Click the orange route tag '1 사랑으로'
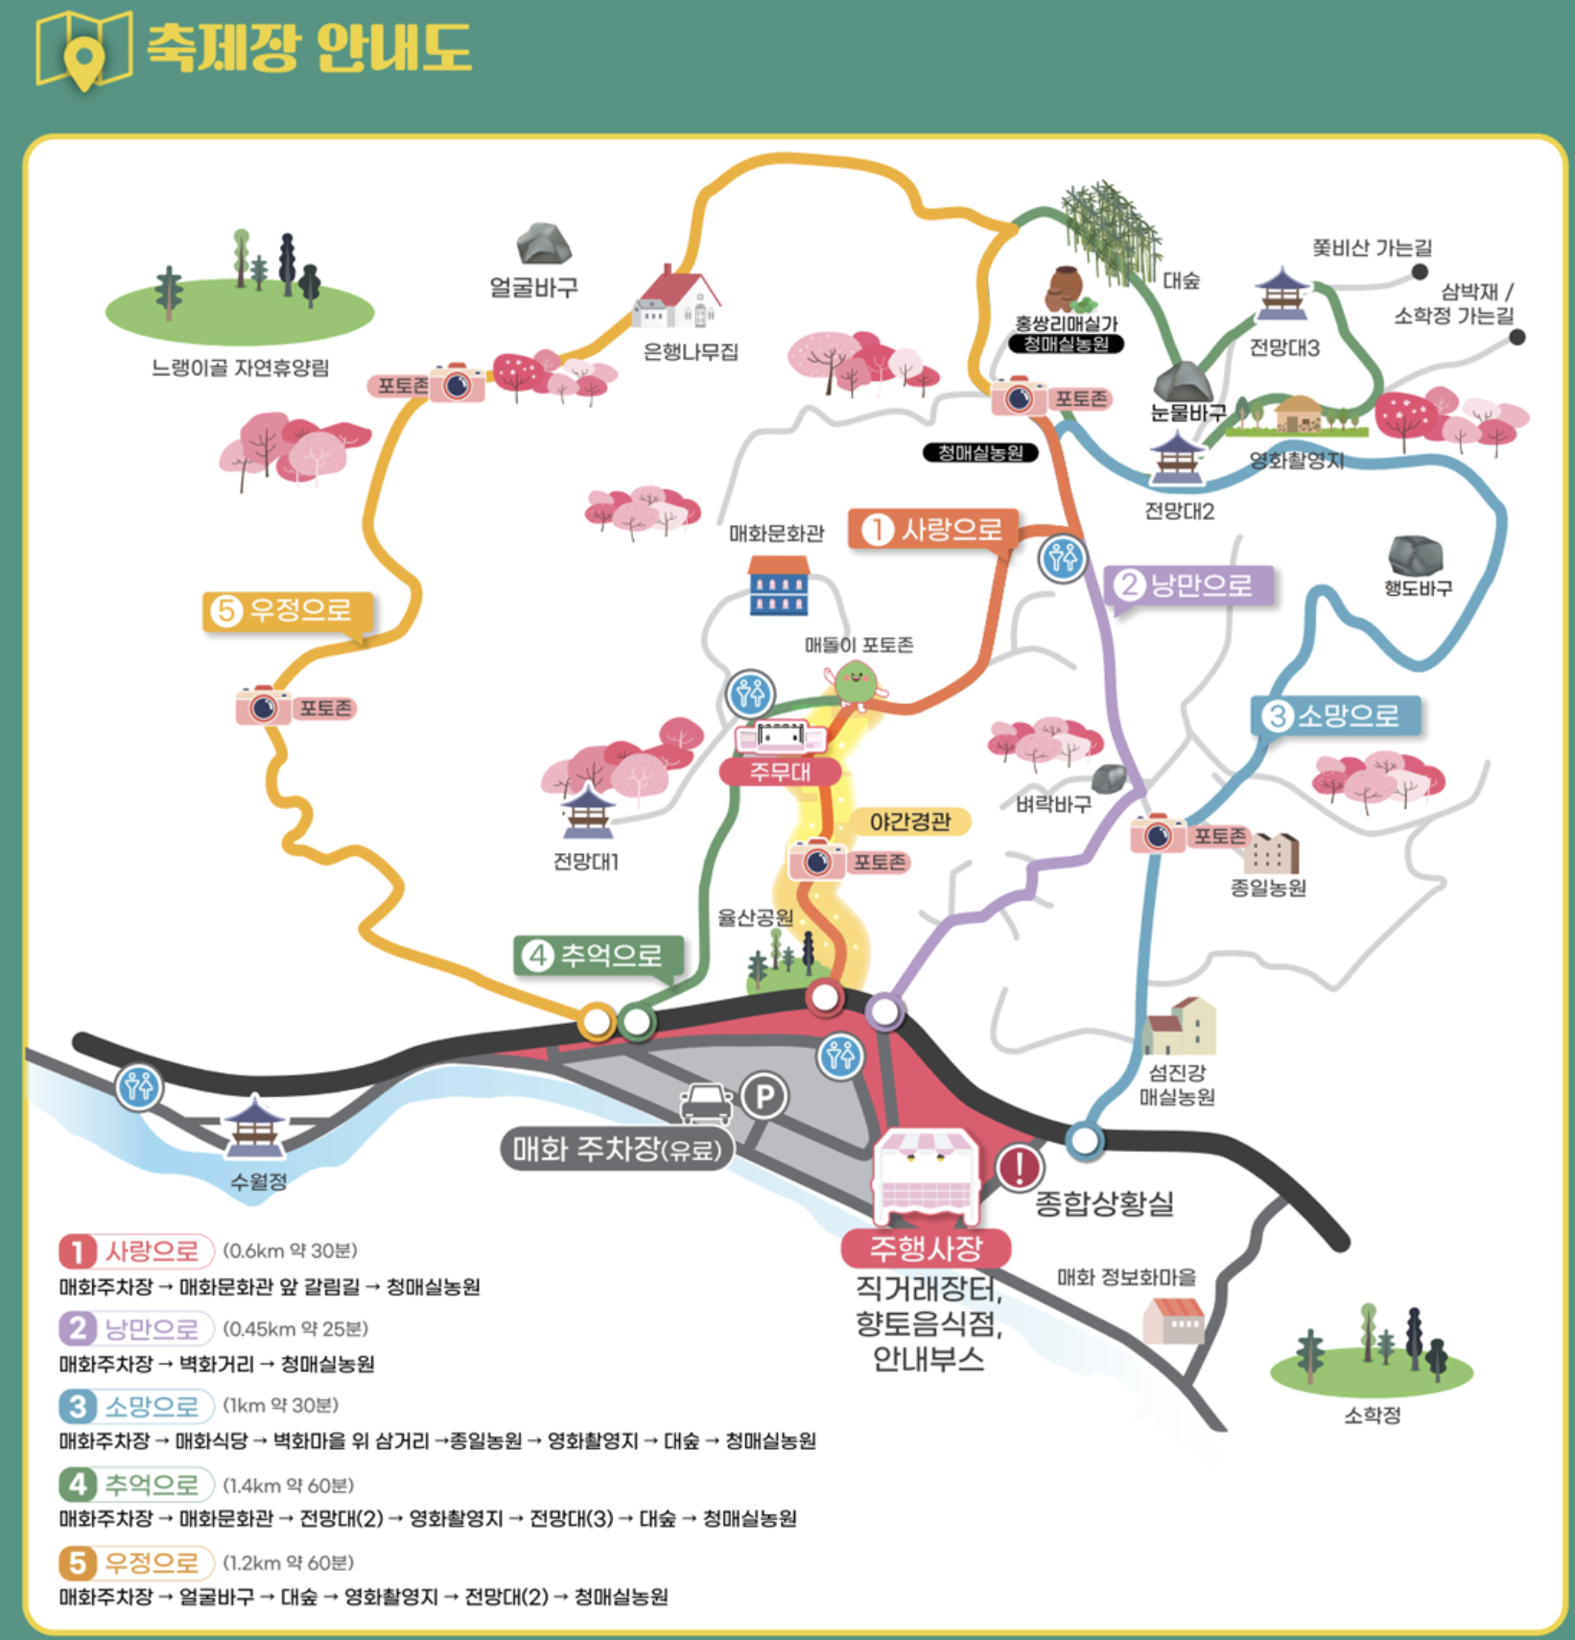[931, 529]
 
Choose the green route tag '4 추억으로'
[599, 955]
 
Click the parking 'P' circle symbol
[764, 1096]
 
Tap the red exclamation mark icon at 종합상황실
[1019, 1167]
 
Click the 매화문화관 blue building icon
[778, 584]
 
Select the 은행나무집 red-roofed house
[676, 297]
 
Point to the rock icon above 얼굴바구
[544, 244]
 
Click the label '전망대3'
[1283, 348]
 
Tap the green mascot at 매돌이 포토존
[855, 682]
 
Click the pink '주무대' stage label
[780, 772]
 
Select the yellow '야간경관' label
[909, 821]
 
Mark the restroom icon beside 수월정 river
[139, 1086]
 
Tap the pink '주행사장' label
[926, 1248]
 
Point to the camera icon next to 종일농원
[1158, 834]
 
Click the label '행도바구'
[1417, 588]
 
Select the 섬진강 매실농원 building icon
[1179, 1026]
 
